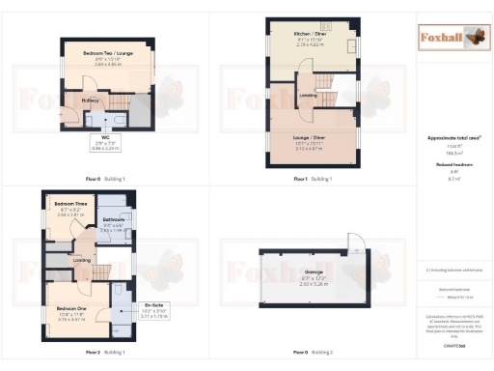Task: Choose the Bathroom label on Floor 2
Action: (x=114, y=220)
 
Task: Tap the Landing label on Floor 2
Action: (x=82, y=259)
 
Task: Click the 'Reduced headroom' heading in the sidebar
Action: (x=452, y=165)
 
